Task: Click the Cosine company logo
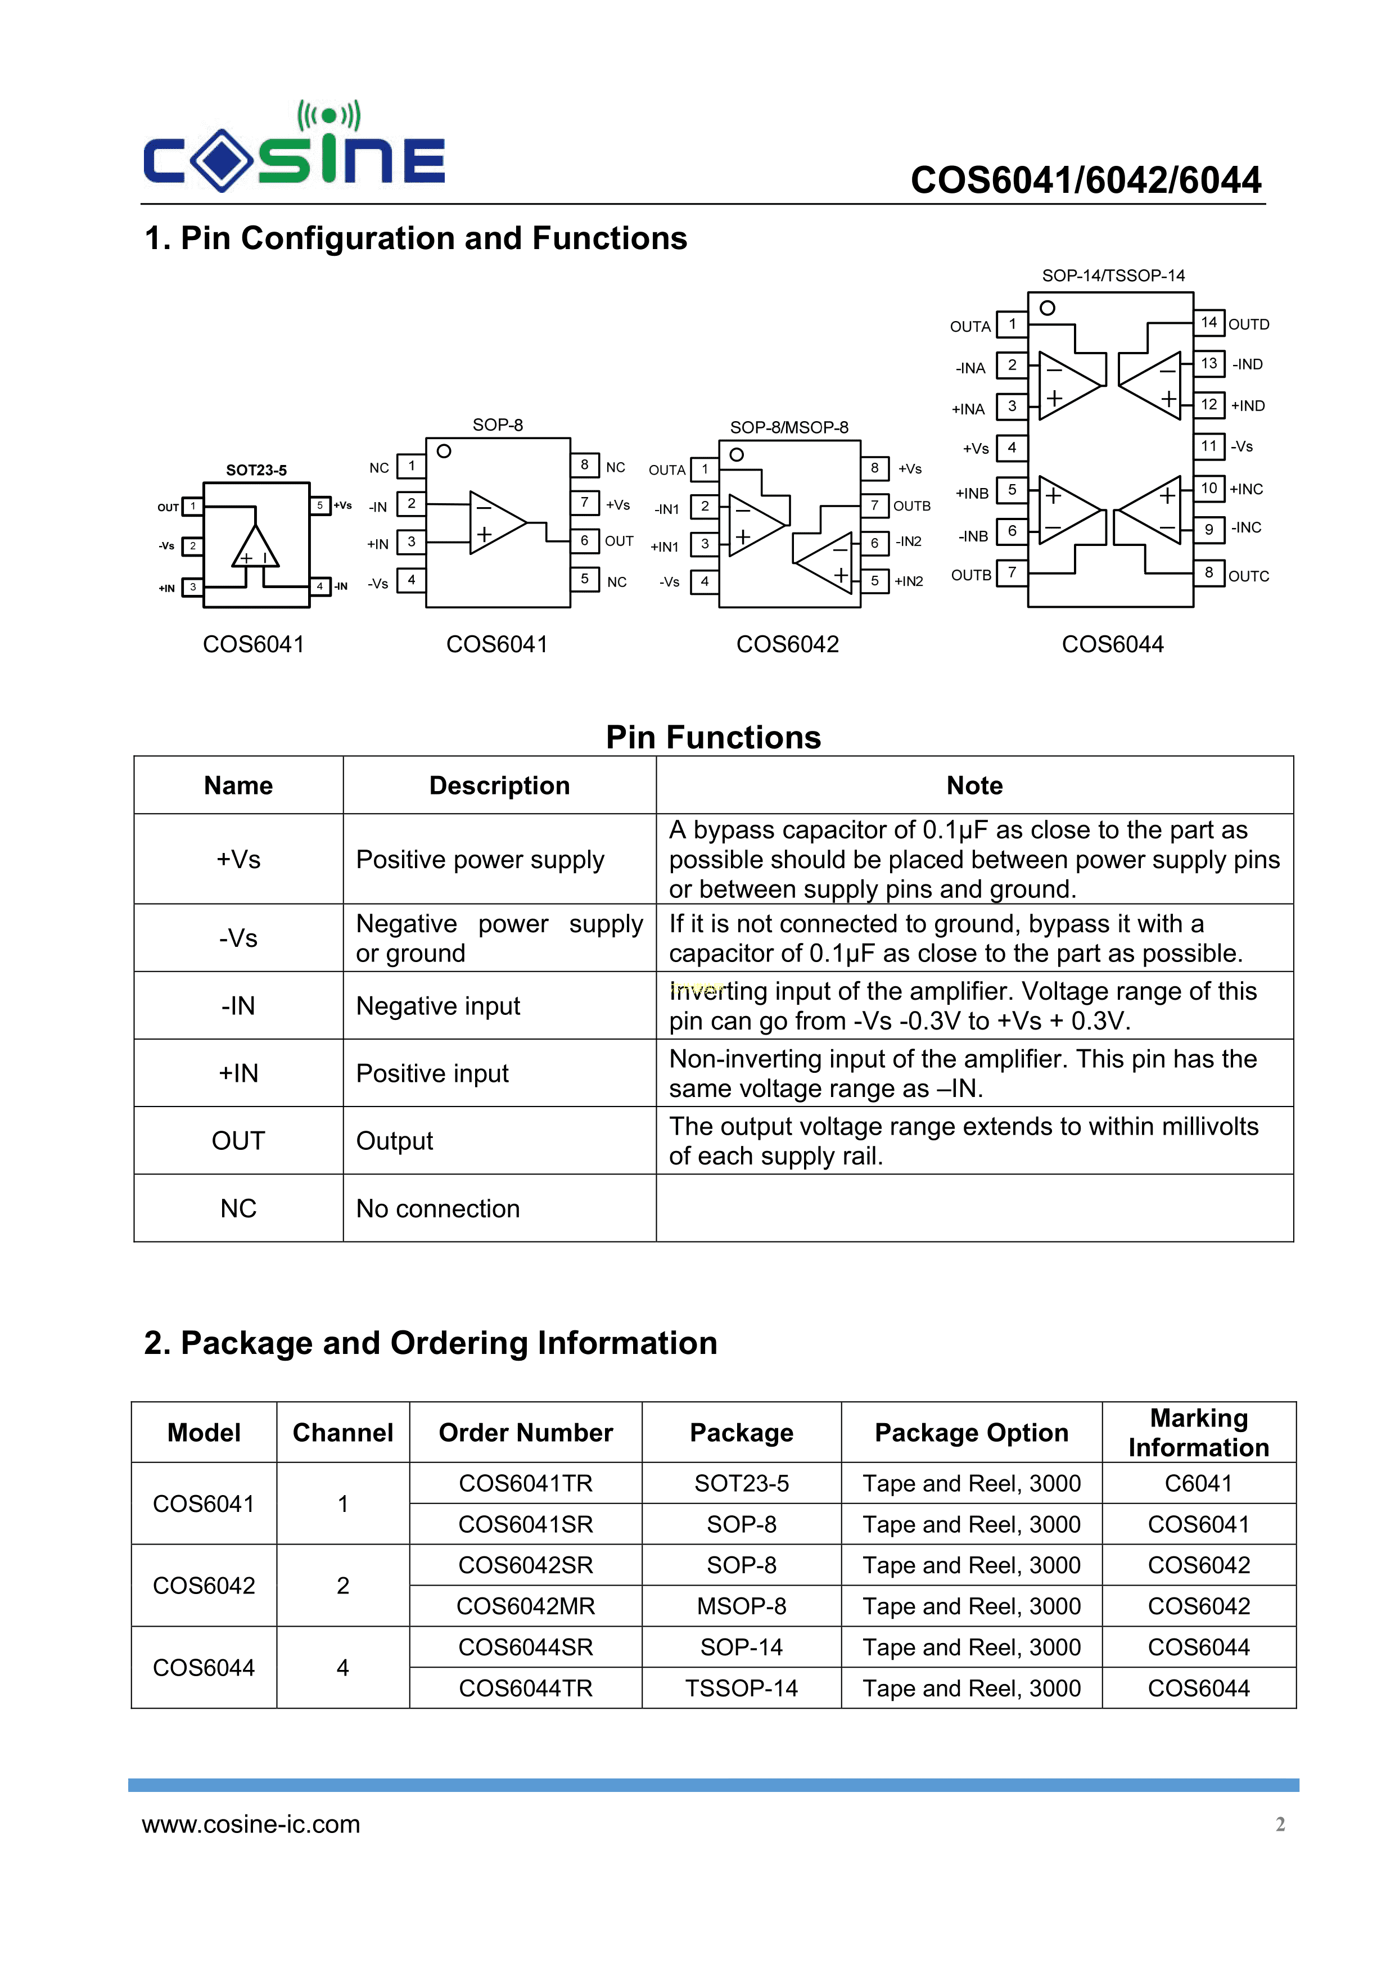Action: coord(294,146)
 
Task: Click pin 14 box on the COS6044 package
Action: coord(1208,322)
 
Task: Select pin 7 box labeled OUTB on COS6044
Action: coord(1012,572)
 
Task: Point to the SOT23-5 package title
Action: coord(256,470)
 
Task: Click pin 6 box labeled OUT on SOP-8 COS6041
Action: coord(584,540)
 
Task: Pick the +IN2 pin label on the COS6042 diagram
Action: coord(909,582)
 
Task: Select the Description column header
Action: coord(499,785)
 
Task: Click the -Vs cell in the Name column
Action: coord(238,937)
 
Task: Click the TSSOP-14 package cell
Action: coord(741,1688)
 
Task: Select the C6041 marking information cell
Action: coord(1198,1483)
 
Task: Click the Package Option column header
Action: coord(971,1433)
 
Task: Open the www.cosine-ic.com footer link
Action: coord(251,1825)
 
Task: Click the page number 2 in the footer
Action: coord(1280,1825)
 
